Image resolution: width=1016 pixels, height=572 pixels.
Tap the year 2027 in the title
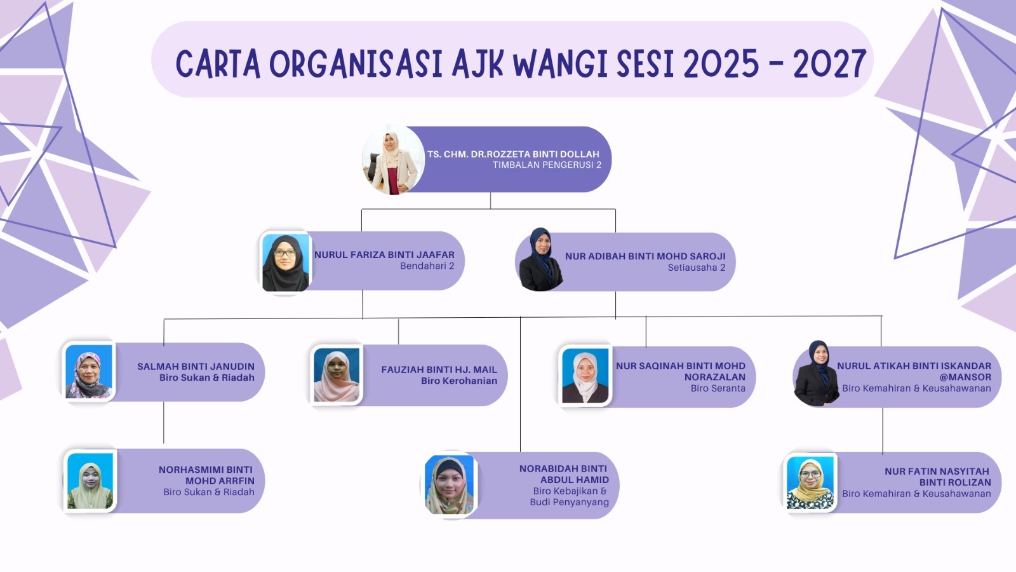pos(830,64)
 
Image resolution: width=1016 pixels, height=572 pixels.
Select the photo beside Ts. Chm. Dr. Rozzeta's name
pos(393,160)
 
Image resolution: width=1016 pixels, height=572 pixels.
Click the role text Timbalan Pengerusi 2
pos(547,165)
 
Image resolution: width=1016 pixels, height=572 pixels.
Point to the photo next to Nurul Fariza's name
pos(285,262)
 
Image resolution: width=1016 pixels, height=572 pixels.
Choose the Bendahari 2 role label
pos(427,266)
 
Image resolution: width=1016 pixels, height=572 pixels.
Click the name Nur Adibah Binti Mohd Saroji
pos(645,256)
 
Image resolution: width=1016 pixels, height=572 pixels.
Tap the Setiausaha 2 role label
pos(696,268)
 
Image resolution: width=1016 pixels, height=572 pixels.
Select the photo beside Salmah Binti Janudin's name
pos(88,371)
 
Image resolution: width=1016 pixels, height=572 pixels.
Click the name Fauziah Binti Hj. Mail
pos(439,369)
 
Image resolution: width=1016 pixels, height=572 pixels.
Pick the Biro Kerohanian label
pos(459,381)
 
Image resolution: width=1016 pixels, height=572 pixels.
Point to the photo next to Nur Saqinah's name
pos(585,376)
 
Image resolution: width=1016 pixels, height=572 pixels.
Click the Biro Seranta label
pos(718,388)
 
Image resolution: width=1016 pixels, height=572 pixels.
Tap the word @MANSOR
pos(965,378)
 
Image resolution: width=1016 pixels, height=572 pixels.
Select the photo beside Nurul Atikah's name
pos(817,373)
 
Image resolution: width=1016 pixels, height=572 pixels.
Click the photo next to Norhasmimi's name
pos(90,480)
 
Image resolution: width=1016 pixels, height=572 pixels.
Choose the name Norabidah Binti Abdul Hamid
pos(564,474)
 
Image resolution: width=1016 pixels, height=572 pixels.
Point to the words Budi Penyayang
pos(569,502)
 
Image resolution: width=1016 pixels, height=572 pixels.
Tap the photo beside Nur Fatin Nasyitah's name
pos(810,482)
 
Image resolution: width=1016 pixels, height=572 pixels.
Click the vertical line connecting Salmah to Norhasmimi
pos(164,423)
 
